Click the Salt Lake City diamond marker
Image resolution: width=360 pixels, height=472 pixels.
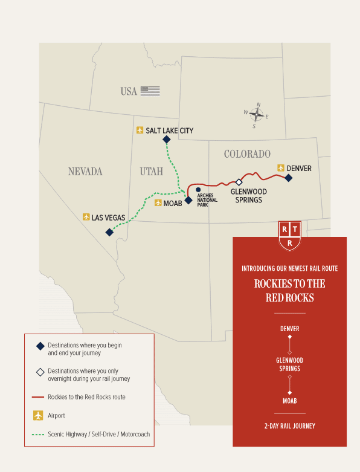point(167,140)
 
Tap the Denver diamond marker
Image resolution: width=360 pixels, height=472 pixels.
point(289,178)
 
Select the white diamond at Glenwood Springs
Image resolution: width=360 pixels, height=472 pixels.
point(239,182)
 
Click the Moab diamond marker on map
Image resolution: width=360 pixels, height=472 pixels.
point(188,200)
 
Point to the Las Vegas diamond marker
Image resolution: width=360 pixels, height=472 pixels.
point(109,232)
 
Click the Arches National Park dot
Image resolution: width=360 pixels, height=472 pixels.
point(198,190)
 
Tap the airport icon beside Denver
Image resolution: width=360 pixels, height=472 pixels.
point(280,168)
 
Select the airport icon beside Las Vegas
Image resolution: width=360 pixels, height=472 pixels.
point(86,216)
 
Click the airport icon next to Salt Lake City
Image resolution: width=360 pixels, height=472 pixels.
point(140,130)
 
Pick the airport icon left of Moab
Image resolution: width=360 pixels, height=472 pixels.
point(158,203)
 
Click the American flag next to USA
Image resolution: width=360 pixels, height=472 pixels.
point(150,91)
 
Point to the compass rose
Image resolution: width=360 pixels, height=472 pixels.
point(257,114)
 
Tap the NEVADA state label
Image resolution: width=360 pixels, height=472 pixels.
point(85,172)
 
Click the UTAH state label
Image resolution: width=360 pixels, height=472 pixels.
point(151,172)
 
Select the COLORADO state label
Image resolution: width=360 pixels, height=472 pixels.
point(247,154)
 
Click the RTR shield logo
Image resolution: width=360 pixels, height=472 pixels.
point(290,235)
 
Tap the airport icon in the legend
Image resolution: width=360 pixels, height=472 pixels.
point(39,416)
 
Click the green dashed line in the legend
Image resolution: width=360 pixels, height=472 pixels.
point(39,434)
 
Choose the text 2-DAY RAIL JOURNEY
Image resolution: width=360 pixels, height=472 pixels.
point(289,426)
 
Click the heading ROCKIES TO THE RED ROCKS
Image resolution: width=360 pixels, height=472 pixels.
point(289,291)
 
